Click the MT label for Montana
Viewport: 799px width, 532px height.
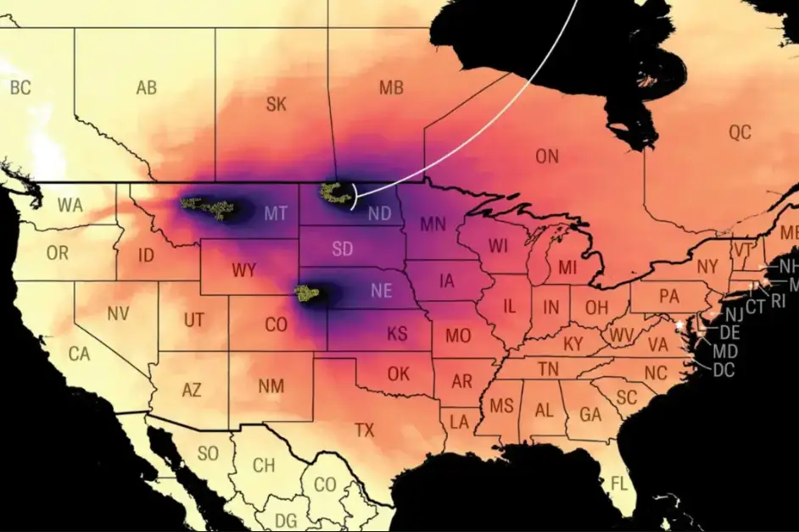tap(275, 213)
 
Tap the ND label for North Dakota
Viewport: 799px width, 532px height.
tap(379, 214)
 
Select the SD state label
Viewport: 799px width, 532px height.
tap(343, 250)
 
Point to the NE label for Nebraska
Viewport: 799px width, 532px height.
tap(381, 291)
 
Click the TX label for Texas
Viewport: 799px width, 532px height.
tap(364, 430)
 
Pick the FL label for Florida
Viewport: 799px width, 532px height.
tap(620, 484)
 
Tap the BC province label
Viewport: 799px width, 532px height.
tap(20, 86)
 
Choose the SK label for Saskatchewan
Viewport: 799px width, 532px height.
tap(276, 104)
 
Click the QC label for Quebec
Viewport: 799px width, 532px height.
tap(740, 132)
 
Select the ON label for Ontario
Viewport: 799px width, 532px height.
tap(547, 156)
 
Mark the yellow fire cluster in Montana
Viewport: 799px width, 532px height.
tap(209, 207)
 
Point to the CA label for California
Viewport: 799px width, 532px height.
tap(79, 354)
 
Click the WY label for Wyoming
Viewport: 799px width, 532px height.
tap(243, 271)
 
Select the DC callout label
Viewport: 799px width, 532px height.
tap(724, 369)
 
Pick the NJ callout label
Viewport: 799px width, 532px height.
tap(735, 315)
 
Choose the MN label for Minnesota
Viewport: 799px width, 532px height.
tap(433, 224)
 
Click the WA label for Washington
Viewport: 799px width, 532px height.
tap(70, 205)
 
